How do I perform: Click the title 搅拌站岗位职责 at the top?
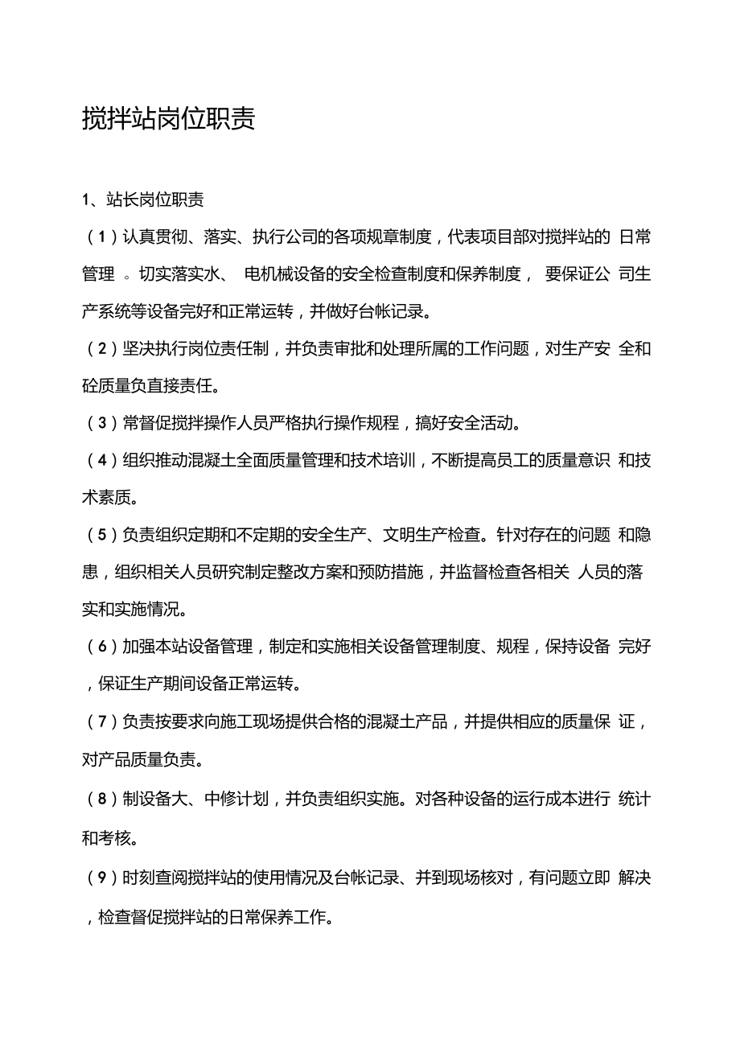169,119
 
